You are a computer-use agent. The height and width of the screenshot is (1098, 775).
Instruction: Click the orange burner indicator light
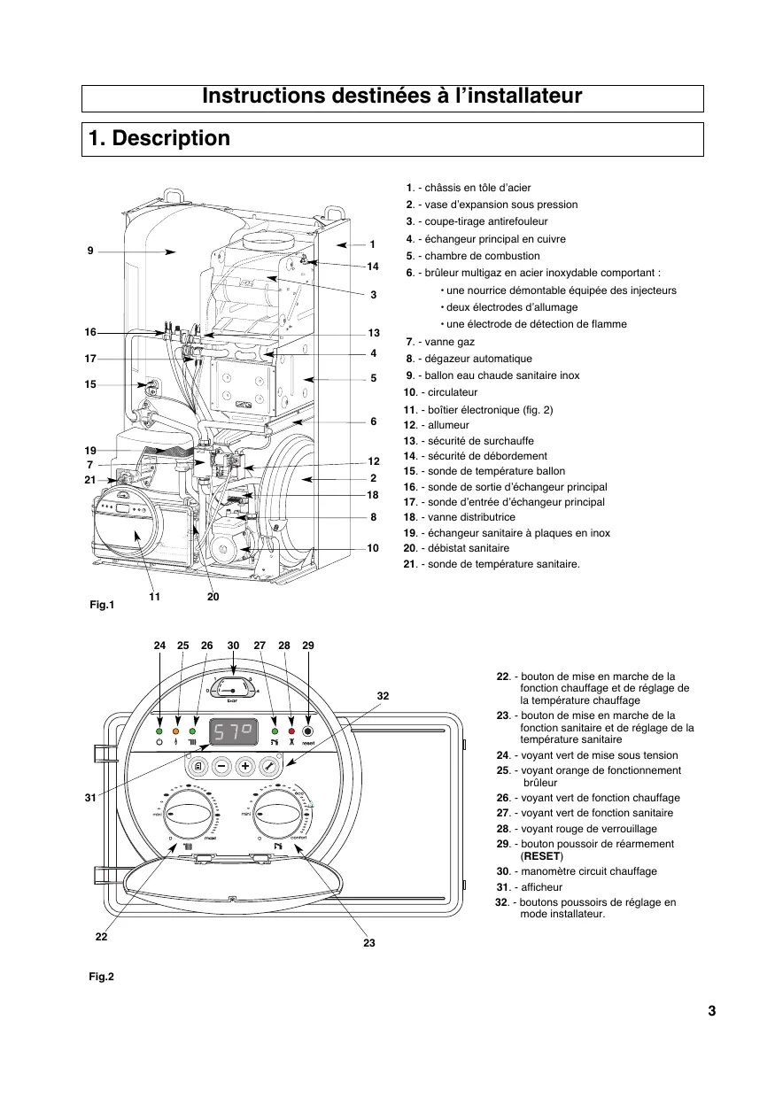(176, 731)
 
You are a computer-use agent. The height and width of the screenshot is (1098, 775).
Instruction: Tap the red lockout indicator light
(291, 731)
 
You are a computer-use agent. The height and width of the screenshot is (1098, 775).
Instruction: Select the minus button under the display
(221, 766)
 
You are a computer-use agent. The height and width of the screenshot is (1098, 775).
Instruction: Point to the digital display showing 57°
(233, 731)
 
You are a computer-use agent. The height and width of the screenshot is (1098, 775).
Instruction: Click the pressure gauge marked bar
(233, 688)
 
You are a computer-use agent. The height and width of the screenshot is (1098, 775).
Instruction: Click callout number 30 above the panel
(233, 646)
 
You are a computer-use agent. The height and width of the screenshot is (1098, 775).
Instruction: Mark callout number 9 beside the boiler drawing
(90, 251)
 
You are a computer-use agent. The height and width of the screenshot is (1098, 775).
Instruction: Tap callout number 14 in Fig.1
(373, 266)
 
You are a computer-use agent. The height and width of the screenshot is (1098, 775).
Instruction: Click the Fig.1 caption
(102, 605)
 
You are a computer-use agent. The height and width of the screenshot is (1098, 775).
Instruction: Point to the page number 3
(711, 1011)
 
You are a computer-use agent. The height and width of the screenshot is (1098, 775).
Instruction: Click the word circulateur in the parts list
(452, 392)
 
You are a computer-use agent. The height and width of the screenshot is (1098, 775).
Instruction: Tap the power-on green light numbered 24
(159, 731)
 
